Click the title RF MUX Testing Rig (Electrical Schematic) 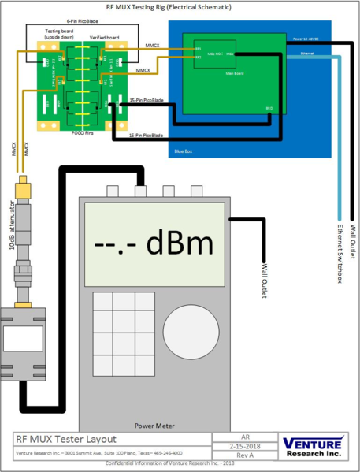180,7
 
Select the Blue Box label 183,148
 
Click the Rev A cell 244,455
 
